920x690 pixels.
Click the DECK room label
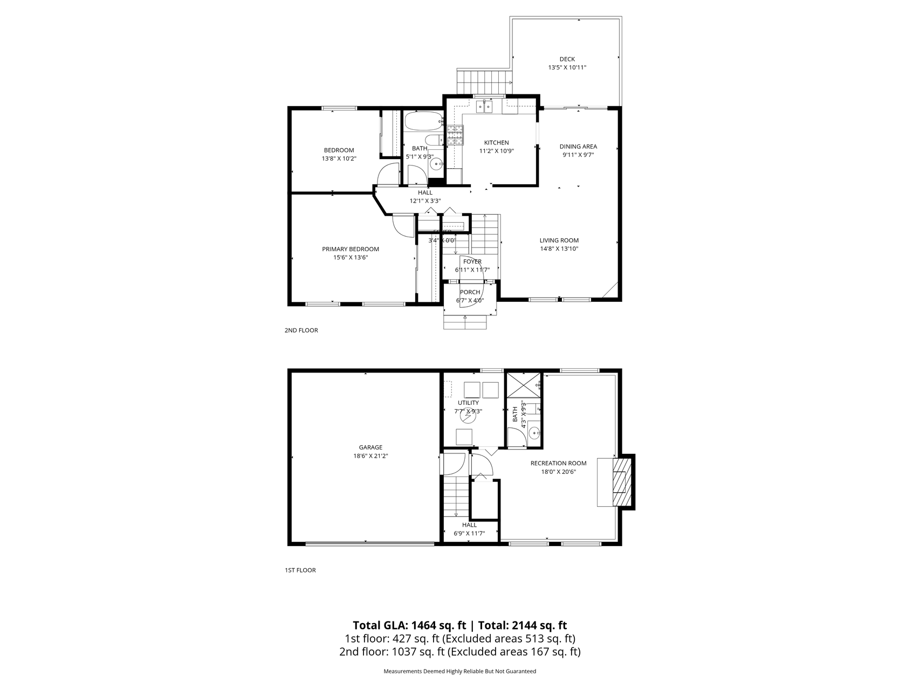pyautogui.click(x=567, y=59)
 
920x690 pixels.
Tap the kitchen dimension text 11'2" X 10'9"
pyautogui.click(x=496, y=151)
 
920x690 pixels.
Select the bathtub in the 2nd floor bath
pyautogui.click(x=423, y=121)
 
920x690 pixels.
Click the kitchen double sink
pyautogui.click(x=484, y=107)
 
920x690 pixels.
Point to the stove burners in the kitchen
pyautogui.click(x=455, y=135)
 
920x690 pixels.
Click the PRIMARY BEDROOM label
pyautogui.click(x=350, y=249)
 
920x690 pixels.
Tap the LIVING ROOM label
pyautogui.click(x=559, y=240)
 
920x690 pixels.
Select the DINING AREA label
pyautogui.click(x=578, y=147)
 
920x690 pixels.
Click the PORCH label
pyautogui.click(x=470, y=292)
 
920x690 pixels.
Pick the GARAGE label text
pyautogui.click(x=370, y=447)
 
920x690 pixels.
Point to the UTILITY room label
pyautogui.click(x=468, y=403)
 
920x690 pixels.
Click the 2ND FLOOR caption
pyautogui.click(x=301, y=330)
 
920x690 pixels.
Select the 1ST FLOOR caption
pyautogui.click(x=300, y=570)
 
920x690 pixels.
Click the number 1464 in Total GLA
pyautogui.click(x=423, y=626)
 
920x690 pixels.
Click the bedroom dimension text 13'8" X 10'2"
pyautogui.click(x=339, y=158)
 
